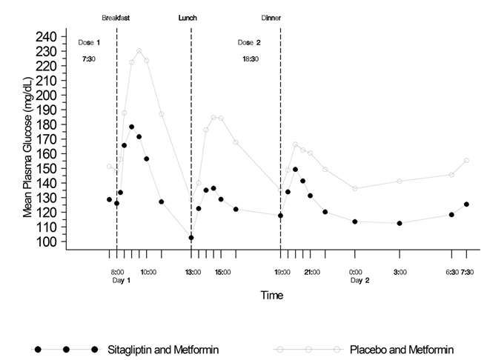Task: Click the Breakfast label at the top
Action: (116, 17)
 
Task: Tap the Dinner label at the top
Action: (271, 17)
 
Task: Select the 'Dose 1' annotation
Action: (89, 42)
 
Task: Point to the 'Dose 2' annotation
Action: (249, 42)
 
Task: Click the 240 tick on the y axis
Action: (47, 36)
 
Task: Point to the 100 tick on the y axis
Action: (47, 241)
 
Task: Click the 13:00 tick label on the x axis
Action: (193, 272)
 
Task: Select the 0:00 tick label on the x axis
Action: (357, 272)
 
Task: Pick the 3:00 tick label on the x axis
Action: (400, 272)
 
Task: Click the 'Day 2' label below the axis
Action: (360, 280)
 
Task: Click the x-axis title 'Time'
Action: (271, 295)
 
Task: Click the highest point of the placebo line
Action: (139, 50)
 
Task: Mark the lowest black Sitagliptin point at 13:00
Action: (191, 238)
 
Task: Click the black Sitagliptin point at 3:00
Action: (400, 223)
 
